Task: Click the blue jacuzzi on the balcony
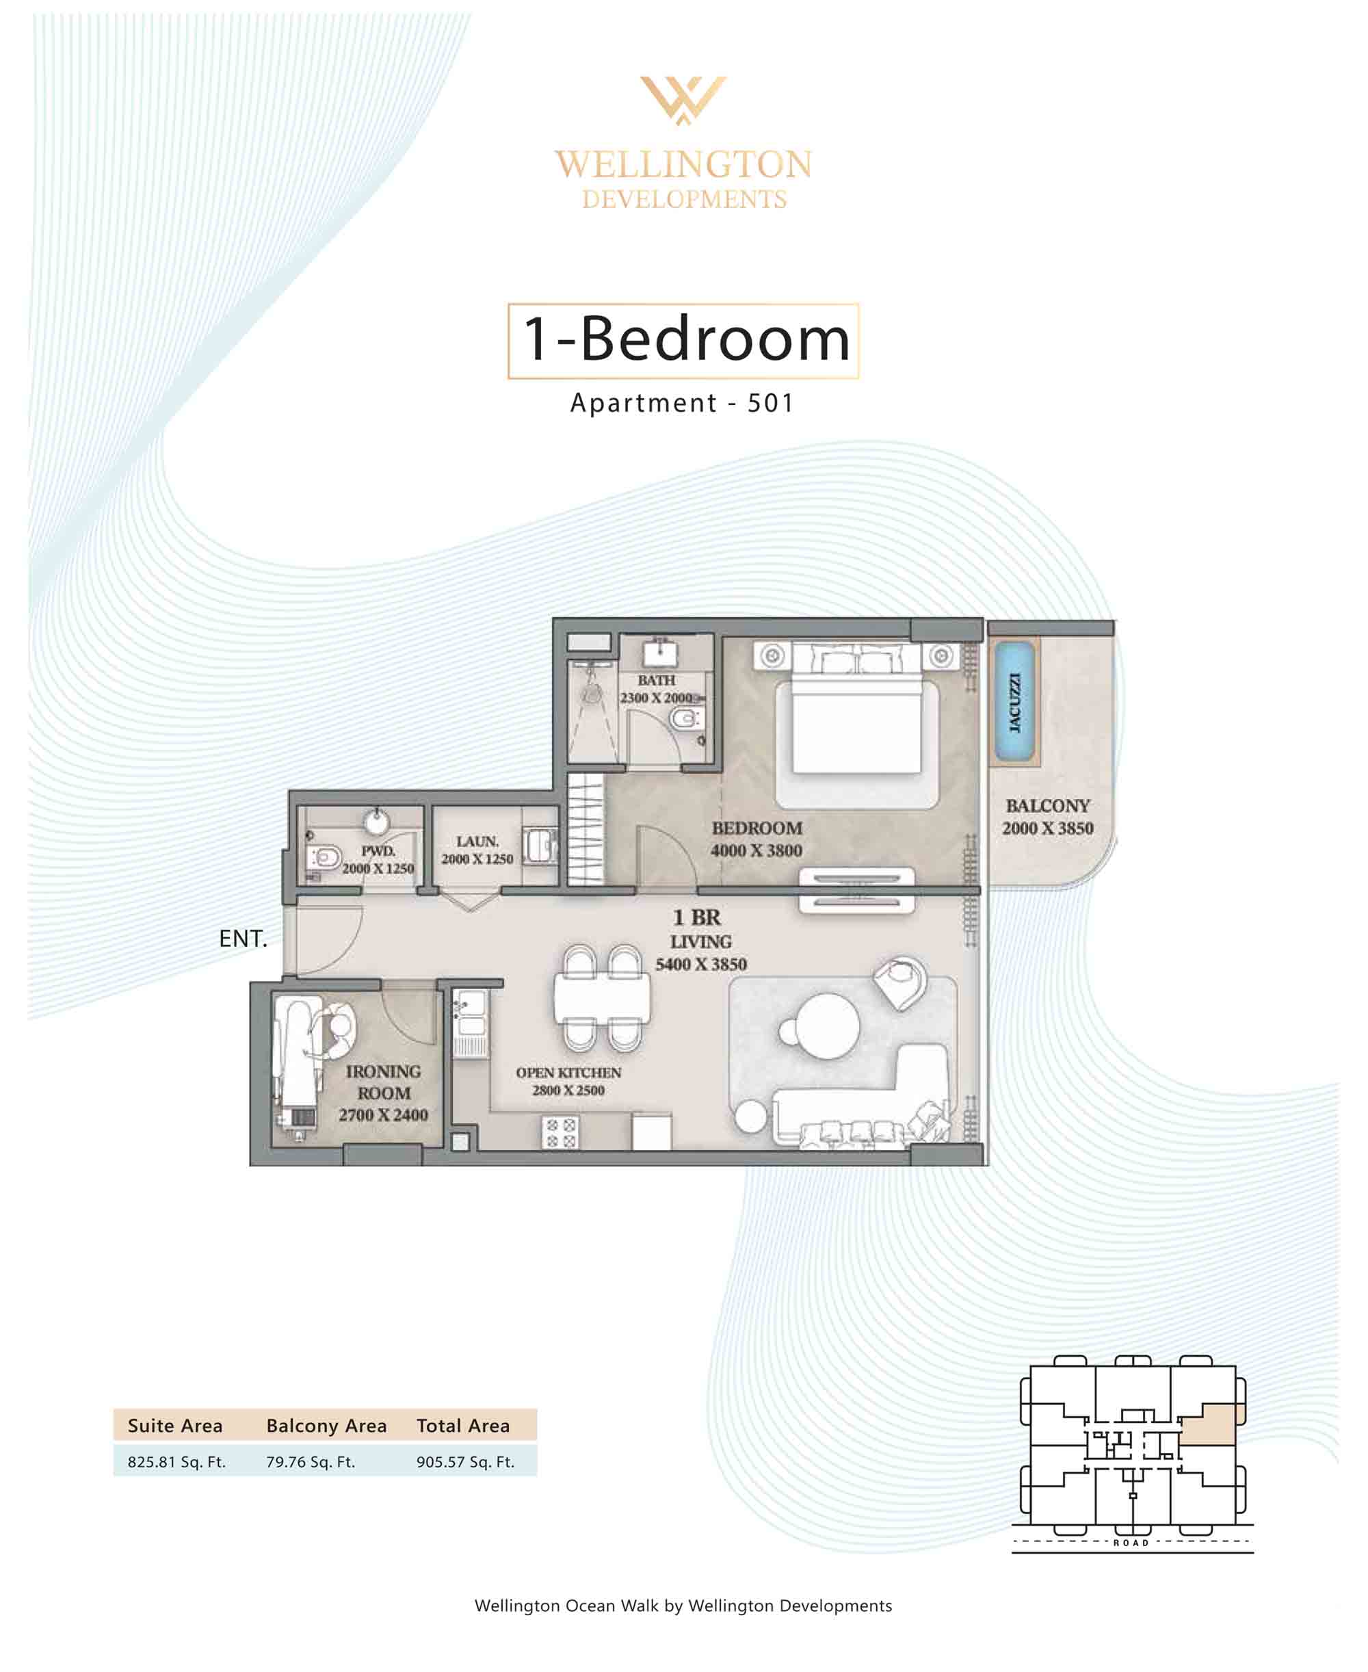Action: (x=1014, y=702)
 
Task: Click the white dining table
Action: (x=602, y=997)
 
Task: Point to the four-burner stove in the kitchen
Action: (x=560, y=1133)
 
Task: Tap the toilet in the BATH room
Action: (x=686, y=718)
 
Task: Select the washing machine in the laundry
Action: (x=540, y=846)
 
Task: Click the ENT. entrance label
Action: (x=244, y=939)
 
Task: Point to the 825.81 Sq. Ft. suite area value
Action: (x=176, y=1461)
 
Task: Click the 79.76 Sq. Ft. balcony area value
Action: (x=311, y=1461)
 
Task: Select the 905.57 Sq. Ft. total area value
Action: (x=465, y=1461)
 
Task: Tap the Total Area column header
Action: (x=463, y=1426)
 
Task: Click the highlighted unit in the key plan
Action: (x=1212, y=1424)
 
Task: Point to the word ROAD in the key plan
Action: (x=1131, y=1543)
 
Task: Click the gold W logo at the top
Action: (x=683, y=99)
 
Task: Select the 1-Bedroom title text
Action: (x=686, y=339)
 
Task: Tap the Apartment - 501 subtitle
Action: (x=683, y=403)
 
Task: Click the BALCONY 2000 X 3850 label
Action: (x=1047, y=816)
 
